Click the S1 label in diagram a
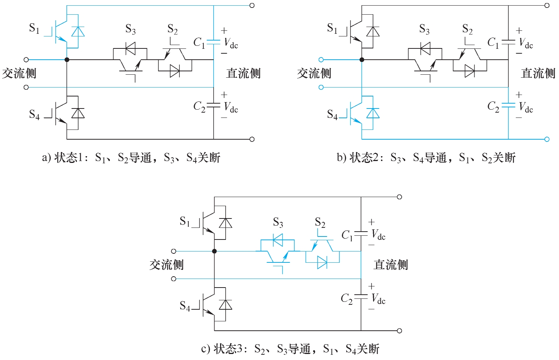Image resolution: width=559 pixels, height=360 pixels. pos(34,28)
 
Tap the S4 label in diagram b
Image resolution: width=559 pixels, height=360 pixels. pos(332,114)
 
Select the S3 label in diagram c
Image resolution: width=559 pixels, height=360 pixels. pos(278,223)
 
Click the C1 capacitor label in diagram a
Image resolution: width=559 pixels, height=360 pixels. pos(199,43)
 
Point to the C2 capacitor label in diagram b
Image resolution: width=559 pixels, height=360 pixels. pos(493,107)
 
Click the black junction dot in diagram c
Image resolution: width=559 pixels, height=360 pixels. pos(214,251)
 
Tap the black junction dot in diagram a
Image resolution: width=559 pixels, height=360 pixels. pos(67,60)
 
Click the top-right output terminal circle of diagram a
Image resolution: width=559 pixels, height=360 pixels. pos(252,6)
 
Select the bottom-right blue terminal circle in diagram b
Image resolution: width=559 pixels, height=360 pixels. pos(547,139)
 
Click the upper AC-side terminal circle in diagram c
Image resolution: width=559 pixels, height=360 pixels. pos(174,251)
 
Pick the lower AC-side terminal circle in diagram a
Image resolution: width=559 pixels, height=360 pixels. pos(26,87)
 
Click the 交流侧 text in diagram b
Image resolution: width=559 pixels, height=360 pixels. pos(314,74)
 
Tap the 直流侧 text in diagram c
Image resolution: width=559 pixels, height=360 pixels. pos(390,265)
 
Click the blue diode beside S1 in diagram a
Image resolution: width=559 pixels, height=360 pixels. pos(78,32)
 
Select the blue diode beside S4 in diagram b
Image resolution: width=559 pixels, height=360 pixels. pos(373,113)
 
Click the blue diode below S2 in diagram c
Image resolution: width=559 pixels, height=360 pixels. pos(322,262)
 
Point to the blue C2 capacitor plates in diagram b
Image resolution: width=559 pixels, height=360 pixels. pos(508,105)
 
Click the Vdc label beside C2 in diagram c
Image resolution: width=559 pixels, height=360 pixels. pos(378,299)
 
